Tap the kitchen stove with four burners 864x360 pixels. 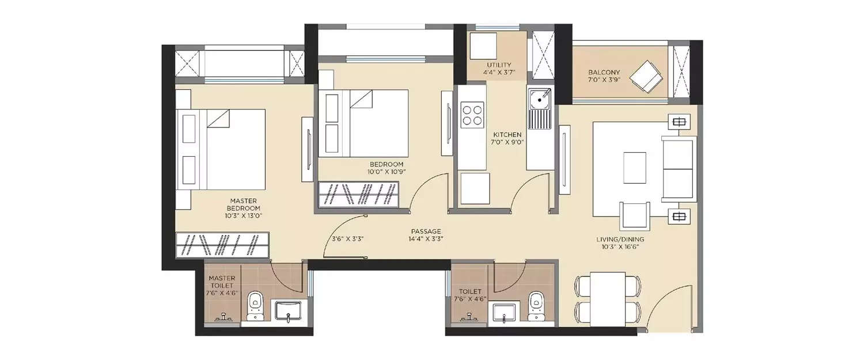(472, 113)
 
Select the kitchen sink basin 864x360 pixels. (540, 100)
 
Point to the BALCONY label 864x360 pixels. (604, 73)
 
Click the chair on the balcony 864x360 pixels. (647, 77)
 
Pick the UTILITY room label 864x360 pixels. (498, 65)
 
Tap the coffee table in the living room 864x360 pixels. (635, 167)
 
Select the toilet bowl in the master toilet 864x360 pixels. (255, 304)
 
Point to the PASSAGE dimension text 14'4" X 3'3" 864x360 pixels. (426, 238)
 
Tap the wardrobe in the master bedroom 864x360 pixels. (222, 246)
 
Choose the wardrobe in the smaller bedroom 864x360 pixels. (358, 194)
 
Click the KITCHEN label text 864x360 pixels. (507, 135)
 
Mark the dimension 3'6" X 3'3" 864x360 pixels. (347, 238)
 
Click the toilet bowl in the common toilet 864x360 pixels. (536, 304)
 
